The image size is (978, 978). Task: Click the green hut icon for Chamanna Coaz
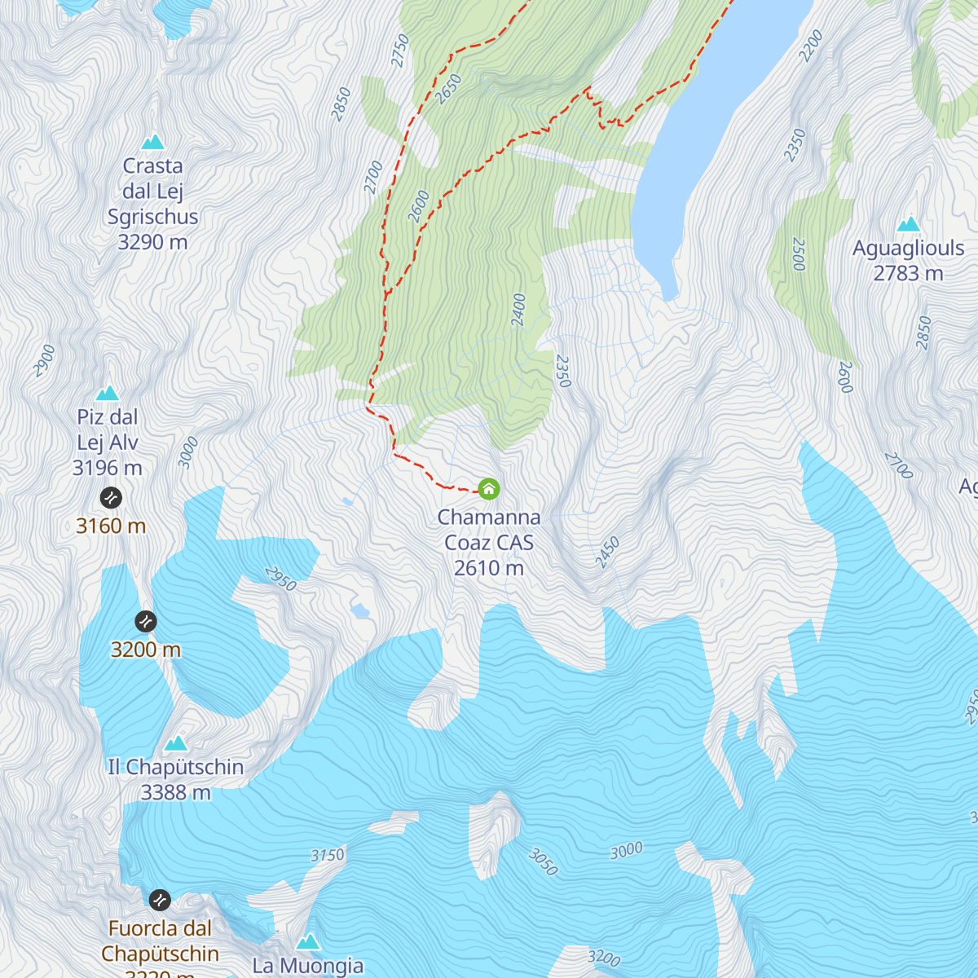click(x=488, y=489)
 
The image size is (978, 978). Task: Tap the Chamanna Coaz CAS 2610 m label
click(x=489, y=543)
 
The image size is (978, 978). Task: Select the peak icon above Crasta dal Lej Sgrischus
click(x=152, y=143)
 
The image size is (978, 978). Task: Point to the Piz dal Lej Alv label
click(x=108, y=430)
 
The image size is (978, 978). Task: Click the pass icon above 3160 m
click(x=111, y=497)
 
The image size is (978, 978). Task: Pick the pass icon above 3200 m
click(x=146, y=621)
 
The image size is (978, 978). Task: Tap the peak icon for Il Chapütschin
click(x=176, y=743)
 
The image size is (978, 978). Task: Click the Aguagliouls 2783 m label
click(x=908, y=261)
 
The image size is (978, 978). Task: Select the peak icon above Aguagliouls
click(x=909, y=224)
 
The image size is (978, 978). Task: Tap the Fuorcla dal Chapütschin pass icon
click(x=160, y=900)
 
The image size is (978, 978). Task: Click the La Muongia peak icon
click(x=307, y=942)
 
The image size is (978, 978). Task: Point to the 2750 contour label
click(x=399, y=51)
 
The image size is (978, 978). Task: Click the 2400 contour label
click(x=518, y=310)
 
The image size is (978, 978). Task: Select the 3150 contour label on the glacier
click(x=328, y=855)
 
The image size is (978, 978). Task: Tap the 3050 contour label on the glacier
click(x=543, y=862)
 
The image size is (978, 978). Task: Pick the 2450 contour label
click(x=607, y=553)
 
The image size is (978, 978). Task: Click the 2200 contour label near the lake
click(x=811, y=46)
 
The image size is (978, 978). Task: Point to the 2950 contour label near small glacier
click(x=280, y=579)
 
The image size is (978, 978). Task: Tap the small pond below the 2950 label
click(x=359, y=610)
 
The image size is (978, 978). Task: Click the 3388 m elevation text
click(x=175, y=792)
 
